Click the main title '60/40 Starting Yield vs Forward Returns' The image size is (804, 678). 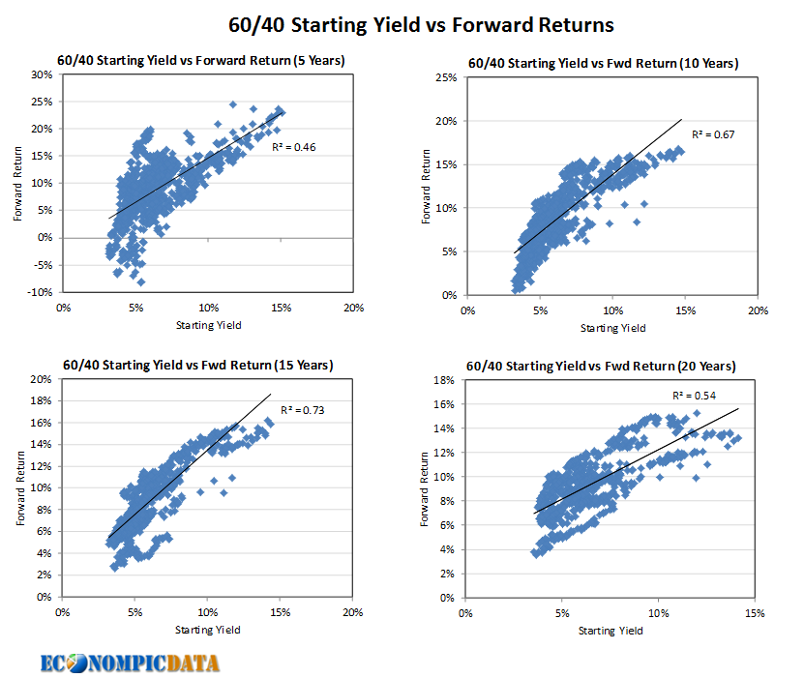[x=402, y=23]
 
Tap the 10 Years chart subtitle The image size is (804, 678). [x=603, y=64]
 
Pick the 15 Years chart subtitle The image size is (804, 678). [x=197, y=365]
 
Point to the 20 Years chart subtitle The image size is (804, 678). [x=600, y=367]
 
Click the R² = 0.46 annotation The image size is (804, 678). [x=295, y=147]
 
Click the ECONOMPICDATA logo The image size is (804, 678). [x=130, y=663]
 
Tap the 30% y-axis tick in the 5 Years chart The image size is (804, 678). [x=41, y=74]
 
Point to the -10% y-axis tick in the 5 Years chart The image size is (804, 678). [x=39, y=291]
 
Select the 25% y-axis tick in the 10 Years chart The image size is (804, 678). [x=446, y=77]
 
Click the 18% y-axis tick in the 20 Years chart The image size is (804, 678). [x=444, y=380]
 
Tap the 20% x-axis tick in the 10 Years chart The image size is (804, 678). [x=757, y=310]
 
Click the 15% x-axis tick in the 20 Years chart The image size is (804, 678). [x=756, y=613]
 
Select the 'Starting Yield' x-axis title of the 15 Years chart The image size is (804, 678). [x=207, y=630]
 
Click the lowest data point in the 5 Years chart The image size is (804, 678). [x=140, y=282]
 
